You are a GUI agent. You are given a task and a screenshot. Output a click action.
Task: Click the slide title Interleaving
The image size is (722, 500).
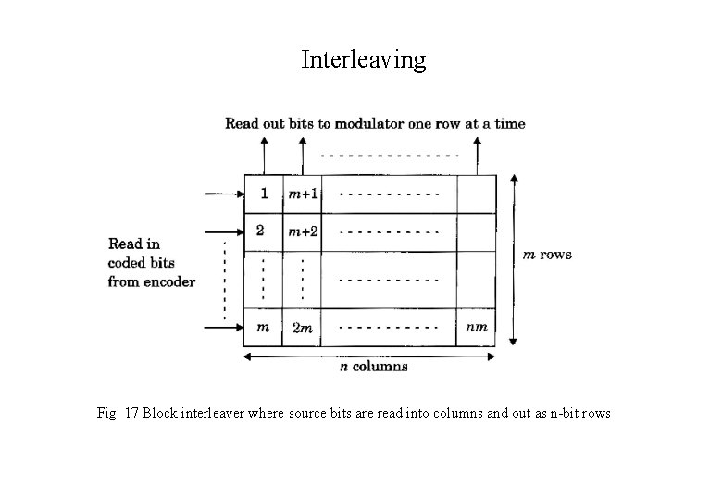(x=364, y=60)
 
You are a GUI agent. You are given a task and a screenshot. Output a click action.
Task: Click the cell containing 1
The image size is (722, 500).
(x=263, y=194)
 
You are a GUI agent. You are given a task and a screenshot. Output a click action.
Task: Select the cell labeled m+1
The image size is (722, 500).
(x=302, y=194)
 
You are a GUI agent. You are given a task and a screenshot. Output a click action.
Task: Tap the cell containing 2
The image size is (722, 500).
(x=263, y=231)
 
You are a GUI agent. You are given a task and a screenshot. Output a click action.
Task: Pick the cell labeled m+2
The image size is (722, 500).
(x=302, y=231)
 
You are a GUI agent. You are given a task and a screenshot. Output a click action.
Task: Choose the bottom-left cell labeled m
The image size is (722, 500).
(x=263, y=327)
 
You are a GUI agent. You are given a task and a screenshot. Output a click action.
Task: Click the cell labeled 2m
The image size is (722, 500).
(x=302, y=328)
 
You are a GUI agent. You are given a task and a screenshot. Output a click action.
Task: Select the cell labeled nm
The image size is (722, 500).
(x=477, y=327)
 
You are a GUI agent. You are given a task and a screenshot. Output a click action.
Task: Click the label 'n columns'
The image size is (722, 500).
(x=373, y=367)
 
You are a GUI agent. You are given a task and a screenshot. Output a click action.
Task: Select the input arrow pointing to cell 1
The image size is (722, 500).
(x=223, y=194)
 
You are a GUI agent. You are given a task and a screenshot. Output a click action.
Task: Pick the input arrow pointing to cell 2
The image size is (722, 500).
(x=223, y=232)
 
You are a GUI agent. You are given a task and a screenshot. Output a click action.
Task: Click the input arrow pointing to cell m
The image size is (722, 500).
(x=223, y=326)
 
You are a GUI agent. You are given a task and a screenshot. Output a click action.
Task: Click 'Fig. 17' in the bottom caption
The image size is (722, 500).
(x=118, y=413)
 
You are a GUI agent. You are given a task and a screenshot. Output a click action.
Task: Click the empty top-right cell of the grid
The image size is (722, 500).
(x=477, y=194)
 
